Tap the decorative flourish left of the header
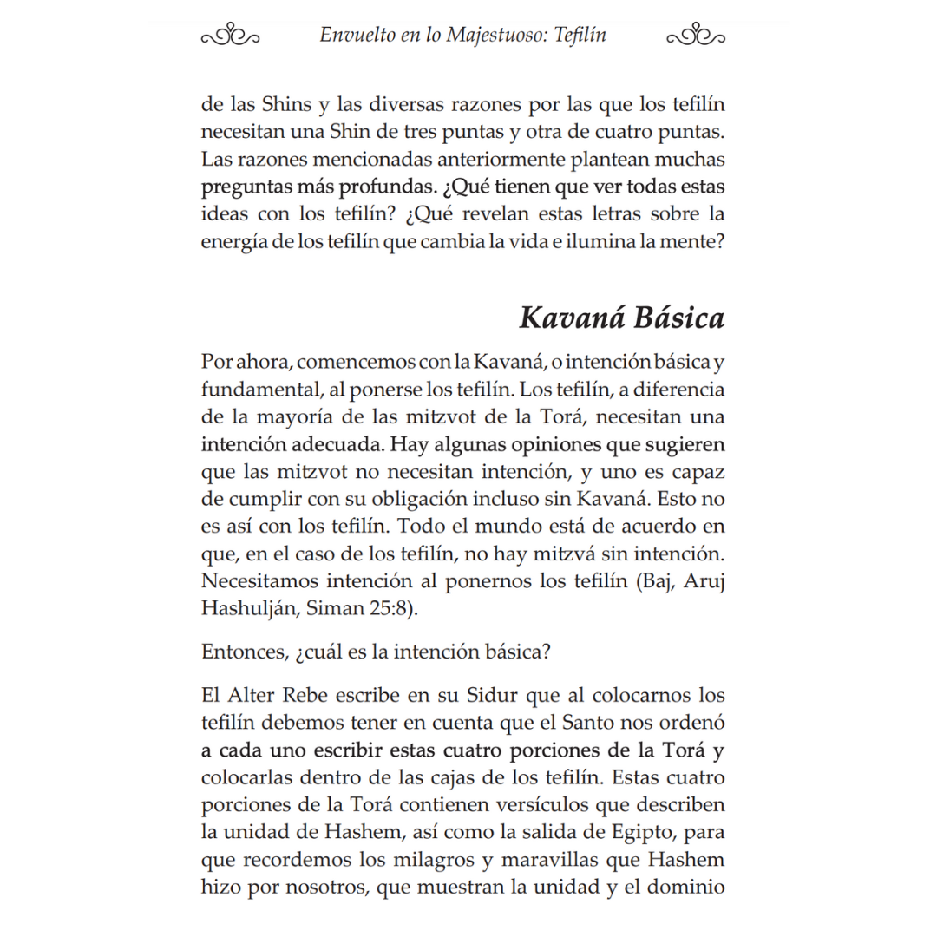(231, 36)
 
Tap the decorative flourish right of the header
(697, 36)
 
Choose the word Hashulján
(247, 608)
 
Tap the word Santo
(568, 724)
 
